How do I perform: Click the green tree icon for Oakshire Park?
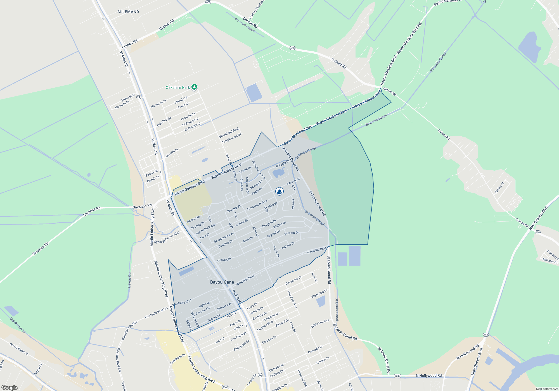tap(194, 87)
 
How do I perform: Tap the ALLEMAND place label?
tap(128, 12)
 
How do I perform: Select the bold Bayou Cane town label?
tap(222, 282)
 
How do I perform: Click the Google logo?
tap(10, 388)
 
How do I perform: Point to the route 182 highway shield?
tap(486, 335)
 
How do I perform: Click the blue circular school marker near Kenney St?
tap(279, 191)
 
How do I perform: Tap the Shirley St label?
tap(499, 188)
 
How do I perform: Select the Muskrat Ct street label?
tap(550, 261)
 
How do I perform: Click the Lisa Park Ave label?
tap(292, 299)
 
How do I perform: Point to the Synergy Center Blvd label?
tap(167, 238)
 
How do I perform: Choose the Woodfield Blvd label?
tap(229, 133)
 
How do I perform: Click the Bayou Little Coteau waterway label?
tap(245, 25)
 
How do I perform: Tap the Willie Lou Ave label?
tap(320, 324)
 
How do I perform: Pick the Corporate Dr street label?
tap(178, 359)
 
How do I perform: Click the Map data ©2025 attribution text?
tap(547, 389)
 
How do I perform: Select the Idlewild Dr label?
tap(172, 153)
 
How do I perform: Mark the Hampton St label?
tap(158, 104)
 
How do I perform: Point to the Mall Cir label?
tap(248, 240)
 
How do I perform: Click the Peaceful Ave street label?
tap(302, 378)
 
